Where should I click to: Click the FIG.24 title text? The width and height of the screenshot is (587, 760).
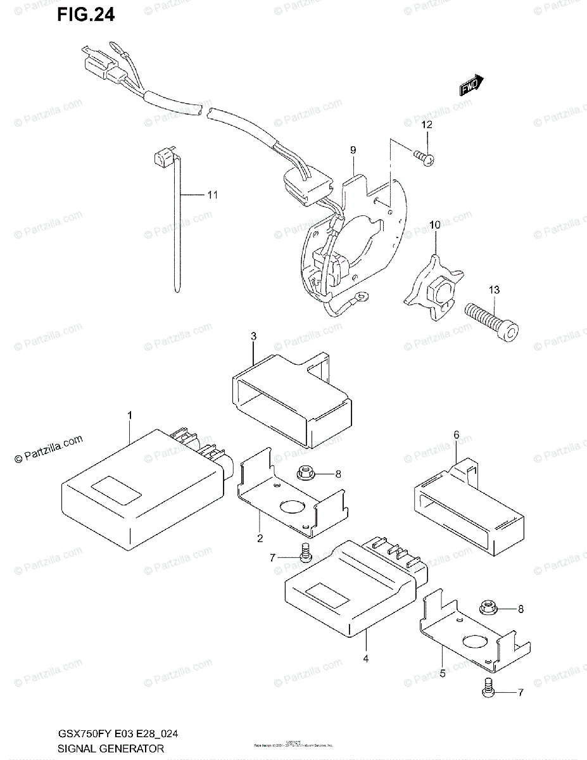[85, 15]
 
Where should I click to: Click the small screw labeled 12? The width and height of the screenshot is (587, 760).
[425, 158]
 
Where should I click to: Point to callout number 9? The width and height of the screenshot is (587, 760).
[353, 150]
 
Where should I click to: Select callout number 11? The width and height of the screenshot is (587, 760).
[211, 195]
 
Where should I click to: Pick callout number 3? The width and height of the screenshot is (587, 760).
[253, 336]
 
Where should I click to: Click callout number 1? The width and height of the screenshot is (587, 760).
[129, 415]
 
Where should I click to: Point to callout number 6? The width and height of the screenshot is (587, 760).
[455, 434]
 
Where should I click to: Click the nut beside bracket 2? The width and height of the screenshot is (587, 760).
[302, 473]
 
